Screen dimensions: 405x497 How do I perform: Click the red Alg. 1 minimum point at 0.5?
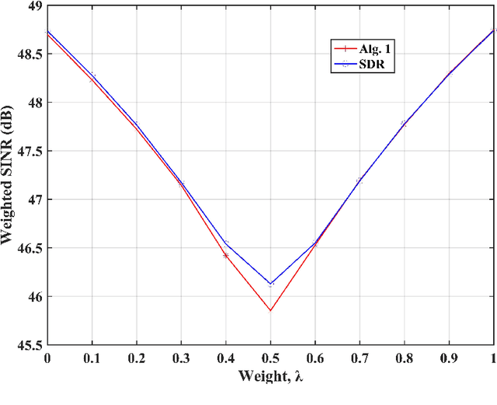pos(270,310)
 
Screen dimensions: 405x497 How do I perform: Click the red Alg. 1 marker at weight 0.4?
pos(226,255)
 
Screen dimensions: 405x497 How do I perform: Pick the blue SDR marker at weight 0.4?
pos(226,243)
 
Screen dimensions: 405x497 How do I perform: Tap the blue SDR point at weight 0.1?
pos(92,75)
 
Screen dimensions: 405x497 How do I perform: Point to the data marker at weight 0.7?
pos(360,181)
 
